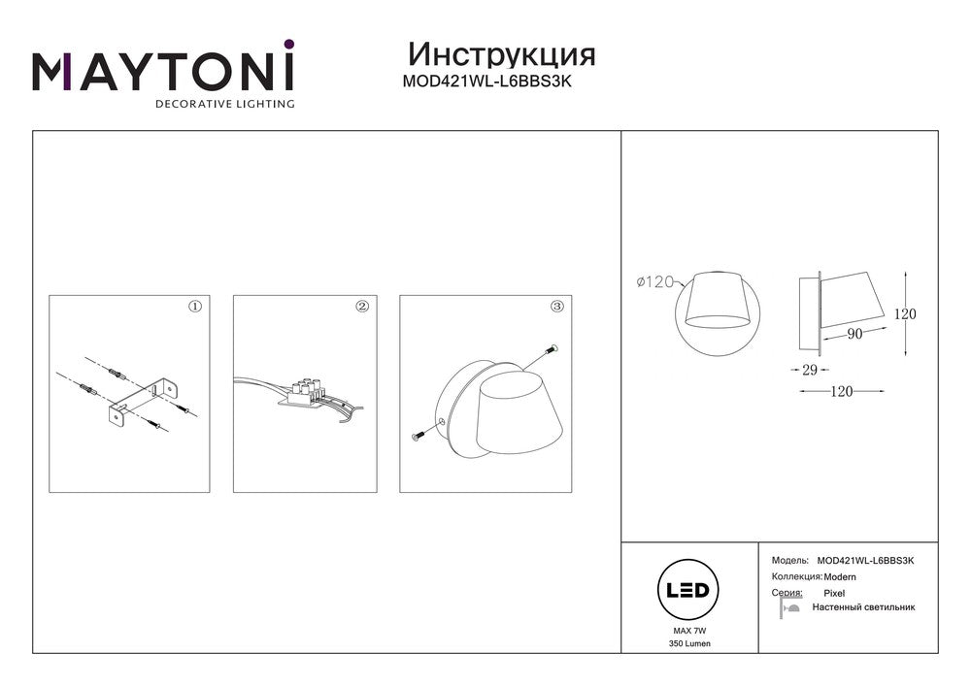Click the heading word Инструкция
(x=502, y=55)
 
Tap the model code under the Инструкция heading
(x=486, y=82)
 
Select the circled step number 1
(x=195, y=307)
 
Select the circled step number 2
(x=362, y=307)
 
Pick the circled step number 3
(x=557, y=307)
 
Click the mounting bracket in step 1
(x=143, y=402)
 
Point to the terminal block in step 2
(x=303, y=393)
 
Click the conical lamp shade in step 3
(x=521, y=411)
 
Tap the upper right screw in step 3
(x=552, y=350)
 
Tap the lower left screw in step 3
(x=419, y=436)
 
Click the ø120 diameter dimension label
(x=655, y=282)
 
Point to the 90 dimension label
(x=854, y=334)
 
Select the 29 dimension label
(x=810, y=370)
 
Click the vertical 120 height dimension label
(x=905, y=314)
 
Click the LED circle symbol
(x=687, y=590)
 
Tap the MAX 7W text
(x=689, y=631)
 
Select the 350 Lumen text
(x=689, y=643)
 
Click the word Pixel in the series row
(x=834, y=593)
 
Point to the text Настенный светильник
(x=863, y=607)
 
